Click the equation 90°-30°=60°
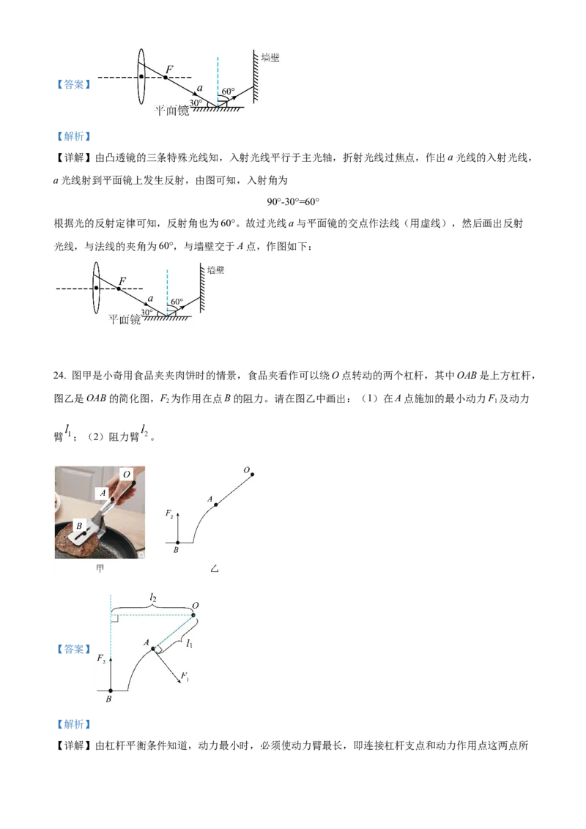pyautogui.click(x=293, y=202)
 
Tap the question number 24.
pyautogui.click(x=59, y=376)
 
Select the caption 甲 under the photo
pyautogui.click(x=100, y=568)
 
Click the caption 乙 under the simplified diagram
pyautogui.click(x=214, y=569)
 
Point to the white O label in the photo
pyautogui.click(x=127, y=475)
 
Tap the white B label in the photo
pyautogui.click(x=79, y=526)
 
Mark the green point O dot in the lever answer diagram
pyautogui.click(x=193, y=615)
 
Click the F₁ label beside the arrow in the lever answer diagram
pyautogui.click(x=185, y=676)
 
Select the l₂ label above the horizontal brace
pyautogui.click(x=153, y=598)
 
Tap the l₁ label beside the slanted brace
pyautogui.click(x=189, y=644)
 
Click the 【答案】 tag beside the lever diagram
pyautogui.click(x=73, y=650)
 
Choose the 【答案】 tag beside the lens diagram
pyautogui.click(x=73, y=85)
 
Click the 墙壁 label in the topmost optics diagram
pyautogui.click(x=270, y=58)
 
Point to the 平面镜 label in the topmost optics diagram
pyautogui.click(x=171, y=111)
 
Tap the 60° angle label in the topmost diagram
pyautogui.click(x=228, y=92)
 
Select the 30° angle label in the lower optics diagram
pyautogui.click(x=146, y=313)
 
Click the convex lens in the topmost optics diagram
pyautogui.click(x=141, y=77)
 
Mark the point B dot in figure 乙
pyautogui.click(x=178, y=543)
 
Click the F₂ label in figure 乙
pyautogui.click(x=169, y=513)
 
